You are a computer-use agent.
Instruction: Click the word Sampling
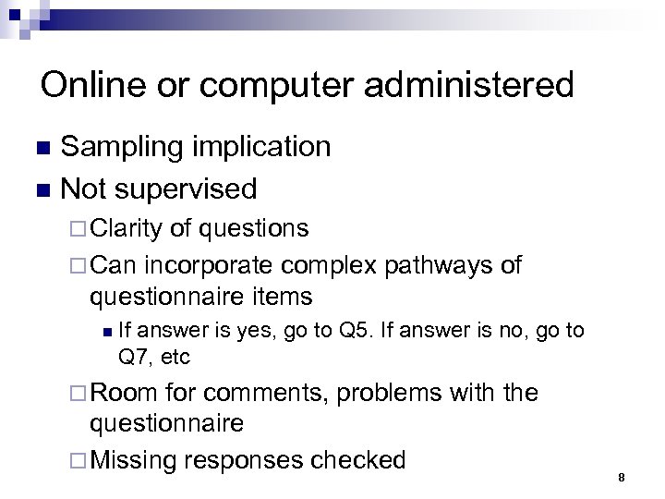pos(125,147)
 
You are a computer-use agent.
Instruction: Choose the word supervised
pos(190,189)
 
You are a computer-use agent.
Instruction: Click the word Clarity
pos(127,228)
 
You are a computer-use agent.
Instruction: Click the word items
pos(282,297)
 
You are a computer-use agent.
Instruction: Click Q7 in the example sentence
pos(135,356)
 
